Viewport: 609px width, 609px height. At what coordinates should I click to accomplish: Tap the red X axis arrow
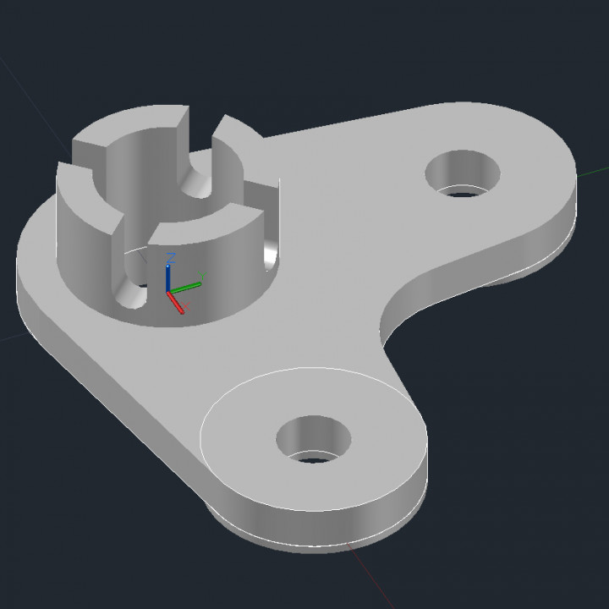[176, 302]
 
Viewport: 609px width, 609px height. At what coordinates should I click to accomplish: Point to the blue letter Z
[171, 257]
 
